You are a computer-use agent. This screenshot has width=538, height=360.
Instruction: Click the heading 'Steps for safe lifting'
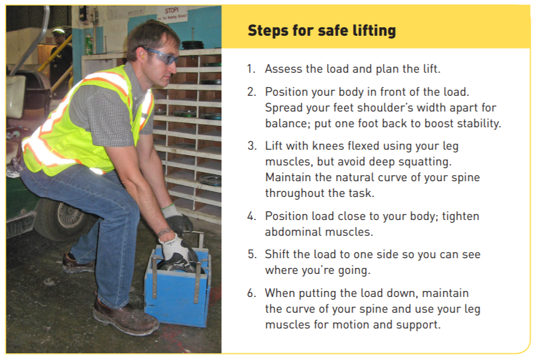321,30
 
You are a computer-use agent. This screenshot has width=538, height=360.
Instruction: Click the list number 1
250,68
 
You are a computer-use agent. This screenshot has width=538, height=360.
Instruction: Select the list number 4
251,216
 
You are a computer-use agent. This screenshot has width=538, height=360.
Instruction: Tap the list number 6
251,293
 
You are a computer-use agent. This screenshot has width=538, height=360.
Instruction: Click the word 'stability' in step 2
480,124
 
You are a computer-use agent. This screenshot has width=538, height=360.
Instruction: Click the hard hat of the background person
58,31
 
